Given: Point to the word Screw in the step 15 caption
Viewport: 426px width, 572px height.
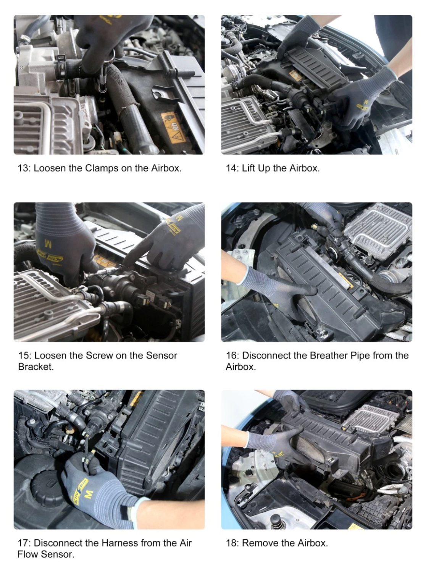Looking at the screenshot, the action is [x=99, y=355].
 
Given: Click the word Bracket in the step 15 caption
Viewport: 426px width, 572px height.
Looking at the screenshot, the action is [x=36, y=367].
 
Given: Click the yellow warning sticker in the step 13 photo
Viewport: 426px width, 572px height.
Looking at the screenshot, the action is [x=173, y=127].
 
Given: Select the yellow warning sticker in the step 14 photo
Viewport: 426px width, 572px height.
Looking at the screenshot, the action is [x=295, y=76].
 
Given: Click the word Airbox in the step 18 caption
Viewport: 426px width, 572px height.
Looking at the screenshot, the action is [x=313, y=543].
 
